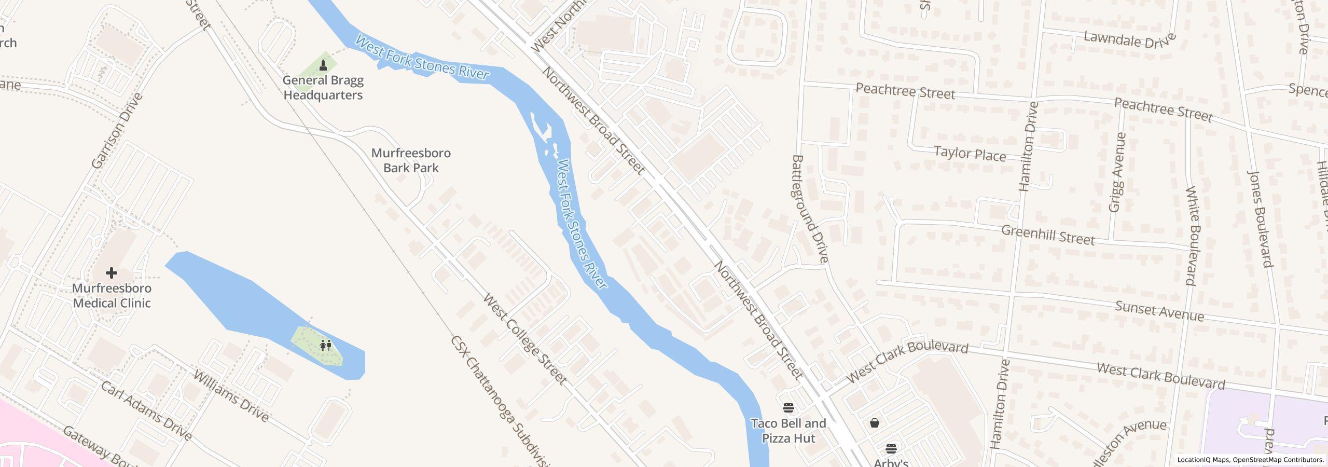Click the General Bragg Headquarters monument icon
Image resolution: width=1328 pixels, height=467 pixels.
(x=323, y=65)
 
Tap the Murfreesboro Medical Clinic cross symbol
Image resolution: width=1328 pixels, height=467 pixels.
(x=111, y=272)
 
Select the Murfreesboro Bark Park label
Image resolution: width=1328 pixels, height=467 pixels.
(x=411, y=160)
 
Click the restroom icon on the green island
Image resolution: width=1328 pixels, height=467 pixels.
(x=325, y=345)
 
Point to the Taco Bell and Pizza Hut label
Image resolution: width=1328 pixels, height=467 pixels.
(x=789, y=431)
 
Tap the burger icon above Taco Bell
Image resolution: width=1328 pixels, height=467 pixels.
(x=789, y=408)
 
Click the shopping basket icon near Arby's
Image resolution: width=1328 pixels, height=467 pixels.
(x=875, y=423)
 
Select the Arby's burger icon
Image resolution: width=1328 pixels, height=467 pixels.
(x=891, y=448)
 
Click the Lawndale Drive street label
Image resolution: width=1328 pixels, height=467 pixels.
(x=1129, y=39)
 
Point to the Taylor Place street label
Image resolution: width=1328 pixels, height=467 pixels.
(x=970, y=154)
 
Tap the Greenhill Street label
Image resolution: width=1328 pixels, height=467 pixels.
(x=1047, y=235)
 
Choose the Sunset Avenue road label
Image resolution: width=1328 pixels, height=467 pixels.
(x=1159, y=311)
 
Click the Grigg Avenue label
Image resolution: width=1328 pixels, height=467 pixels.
(x=1117, y=172)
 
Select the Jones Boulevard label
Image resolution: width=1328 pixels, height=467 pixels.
(x=1261, y=218)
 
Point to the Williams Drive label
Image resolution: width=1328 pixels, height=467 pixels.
(x=231, y=396)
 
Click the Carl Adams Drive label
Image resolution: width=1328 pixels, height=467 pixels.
(x=146, y=411)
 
